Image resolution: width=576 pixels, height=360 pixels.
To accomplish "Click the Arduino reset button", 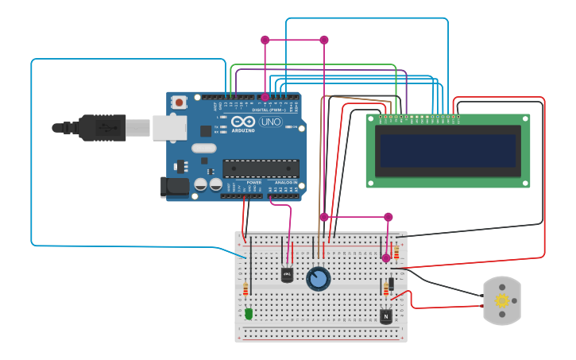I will (x=180, y=102).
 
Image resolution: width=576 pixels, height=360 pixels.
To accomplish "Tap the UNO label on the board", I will (x=270, y=122).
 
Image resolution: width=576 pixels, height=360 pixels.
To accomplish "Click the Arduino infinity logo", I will (x=244, y=122).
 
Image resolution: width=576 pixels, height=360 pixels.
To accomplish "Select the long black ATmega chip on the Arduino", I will (x=261, y=168).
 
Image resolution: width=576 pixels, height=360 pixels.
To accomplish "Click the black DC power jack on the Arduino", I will (x=174, y=188).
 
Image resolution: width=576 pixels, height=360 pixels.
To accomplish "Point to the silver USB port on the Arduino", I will (x=168, y=127).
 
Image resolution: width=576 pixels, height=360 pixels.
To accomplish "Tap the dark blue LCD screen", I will (x=447, y=151).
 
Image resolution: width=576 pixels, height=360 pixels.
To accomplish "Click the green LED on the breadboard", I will (x=249, y=313).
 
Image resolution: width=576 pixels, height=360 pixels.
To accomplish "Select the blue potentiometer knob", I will (x=318, y=279).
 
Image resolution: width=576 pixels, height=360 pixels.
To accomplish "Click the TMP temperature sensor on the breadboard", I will (x=287, y=274).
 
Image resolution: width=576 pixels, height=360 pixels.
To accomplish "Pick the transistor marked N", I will (x=386, y=316).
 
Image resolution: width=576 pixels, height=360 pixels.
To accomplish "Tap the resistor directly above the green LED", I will (x=245, y=288).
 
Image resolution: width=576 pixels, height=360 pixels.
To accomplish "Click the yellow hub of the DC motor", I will (x=501, y=300).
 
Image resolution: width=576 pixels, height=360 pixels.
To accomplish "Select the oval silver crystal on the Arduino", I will (x=203, y=148).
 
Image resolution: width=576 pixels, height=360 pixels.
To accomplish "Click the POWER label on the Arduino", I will (x=254, y=183).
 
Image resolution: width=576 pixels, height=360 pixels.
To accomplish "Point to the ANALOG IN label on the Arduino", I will (x=286, y=183).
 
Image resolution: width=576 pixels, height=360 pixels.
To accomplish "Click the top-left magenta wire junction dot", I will (x=265, y=40).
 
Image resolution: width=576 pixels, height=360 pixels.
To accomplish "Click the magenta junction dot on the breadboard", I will (x=386, y=257).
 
